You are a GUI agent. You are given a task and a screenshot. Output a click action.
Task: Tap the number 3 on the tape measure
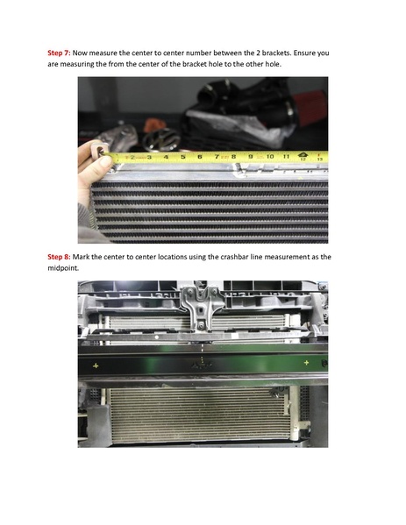coord(151,158)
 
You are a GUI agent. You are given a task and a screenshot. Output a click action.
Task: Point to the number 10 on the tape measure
coord(269,157)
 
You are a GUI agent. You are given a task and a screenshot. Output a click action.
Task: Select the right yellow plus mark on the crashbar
coord(306,361)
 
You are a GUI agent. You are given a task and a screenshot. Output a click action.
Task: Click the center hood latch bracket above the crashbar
coord(203,311)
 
